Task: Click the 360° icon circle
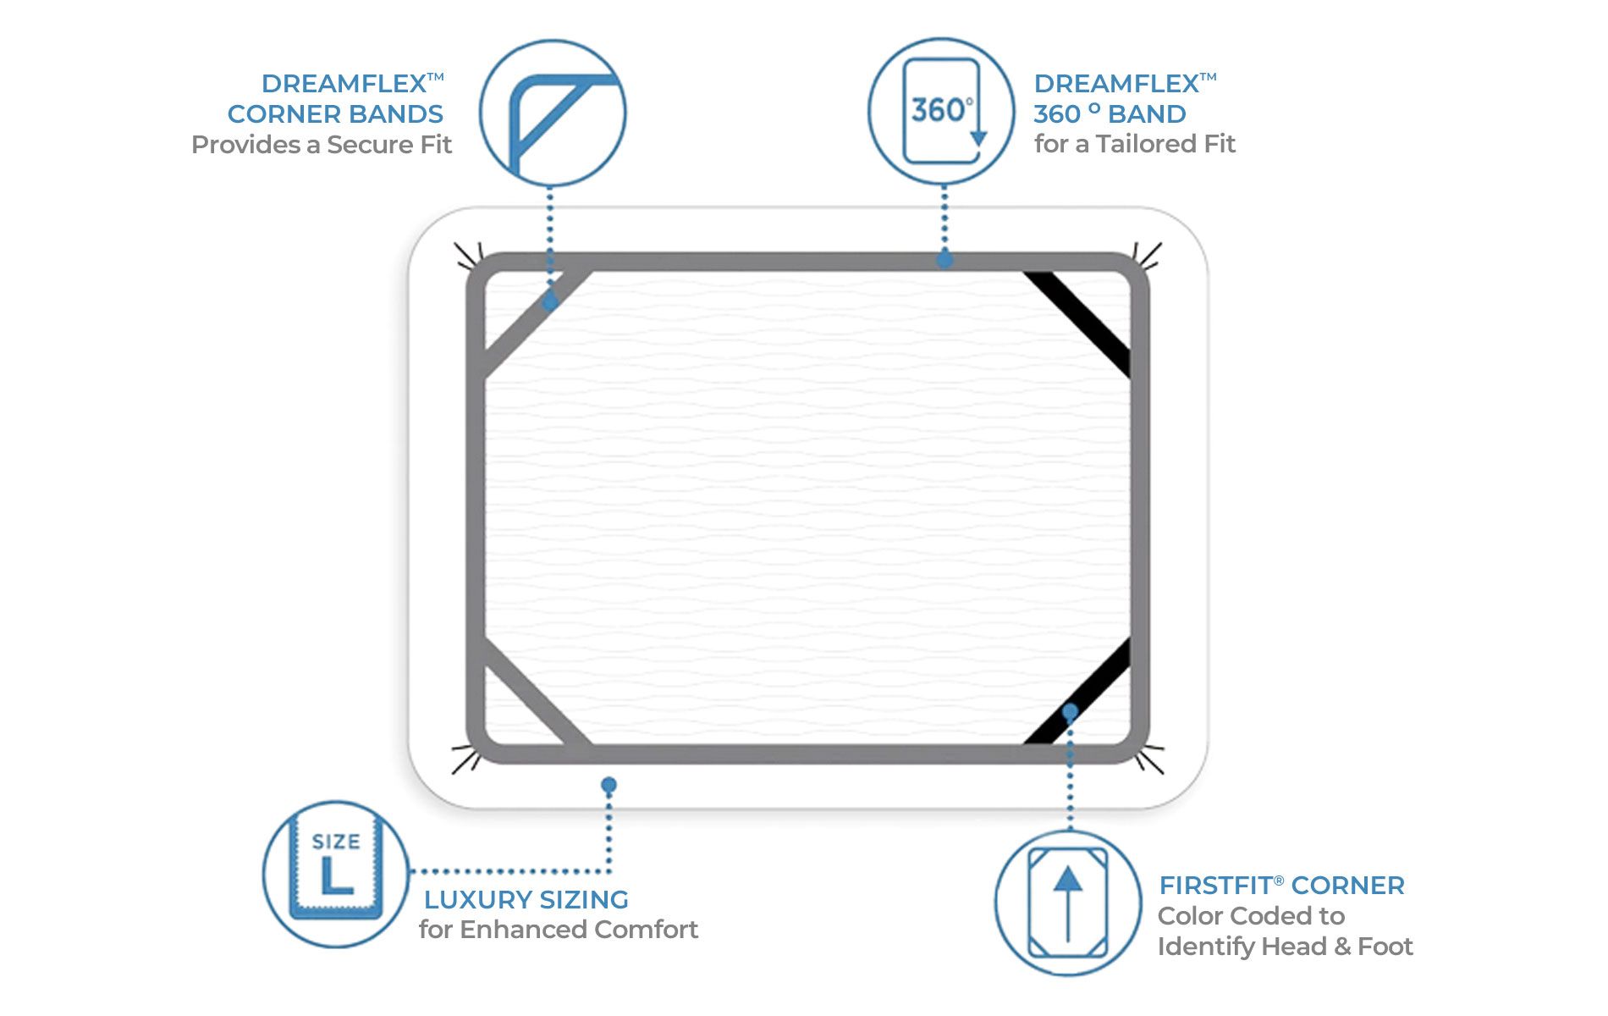click(x=941, y=111)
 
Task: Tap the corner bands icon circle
click(x=553, y=113)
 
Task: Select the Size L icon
click(x=336, y=873)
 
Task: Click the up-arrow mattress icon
click(x=1068, y=903)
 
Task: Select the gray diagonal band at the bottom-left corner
click(x=533, y=694)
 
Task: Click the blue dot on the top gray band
click(x=944, y=260)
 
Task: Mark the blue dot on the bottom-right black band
click(x=1070, y=711)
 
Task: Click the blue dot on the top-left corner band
click(x=550, y=301)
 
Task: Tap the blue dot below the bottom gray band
click(x=609, y=785)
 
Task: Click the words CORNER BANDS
click(x=335, y=114)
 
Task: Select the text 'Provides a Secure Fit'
click(x=322, y=145)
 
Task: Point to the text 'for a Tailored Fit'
click(x=1134, y=144)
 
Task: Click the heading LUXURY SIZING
click(x=526, y=899)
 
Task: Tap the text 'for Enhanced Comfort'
click(x=558, y=930)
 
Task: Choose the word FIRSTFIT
click(x=1215, y=886)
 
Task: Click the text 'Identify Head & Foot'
click(x=1285, y=947)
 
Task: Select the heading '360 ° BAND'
click(x=1110, y=114)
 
